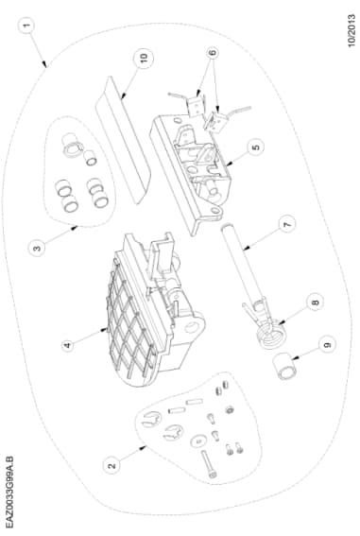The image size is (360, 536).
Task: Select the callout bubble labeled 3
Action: coord(37,250)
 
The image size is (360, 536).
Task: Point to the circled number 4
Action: coord(67,346)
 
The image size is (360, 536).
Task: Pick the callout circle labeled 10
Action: coord(143,57)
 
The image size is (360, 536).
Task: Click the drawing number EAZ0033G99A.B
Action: coord(10,493)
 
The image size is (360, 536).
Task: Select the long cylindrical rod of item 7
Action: coord(245,265)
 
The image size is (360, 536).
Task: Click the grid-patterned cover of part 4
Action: coord(123,321)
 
